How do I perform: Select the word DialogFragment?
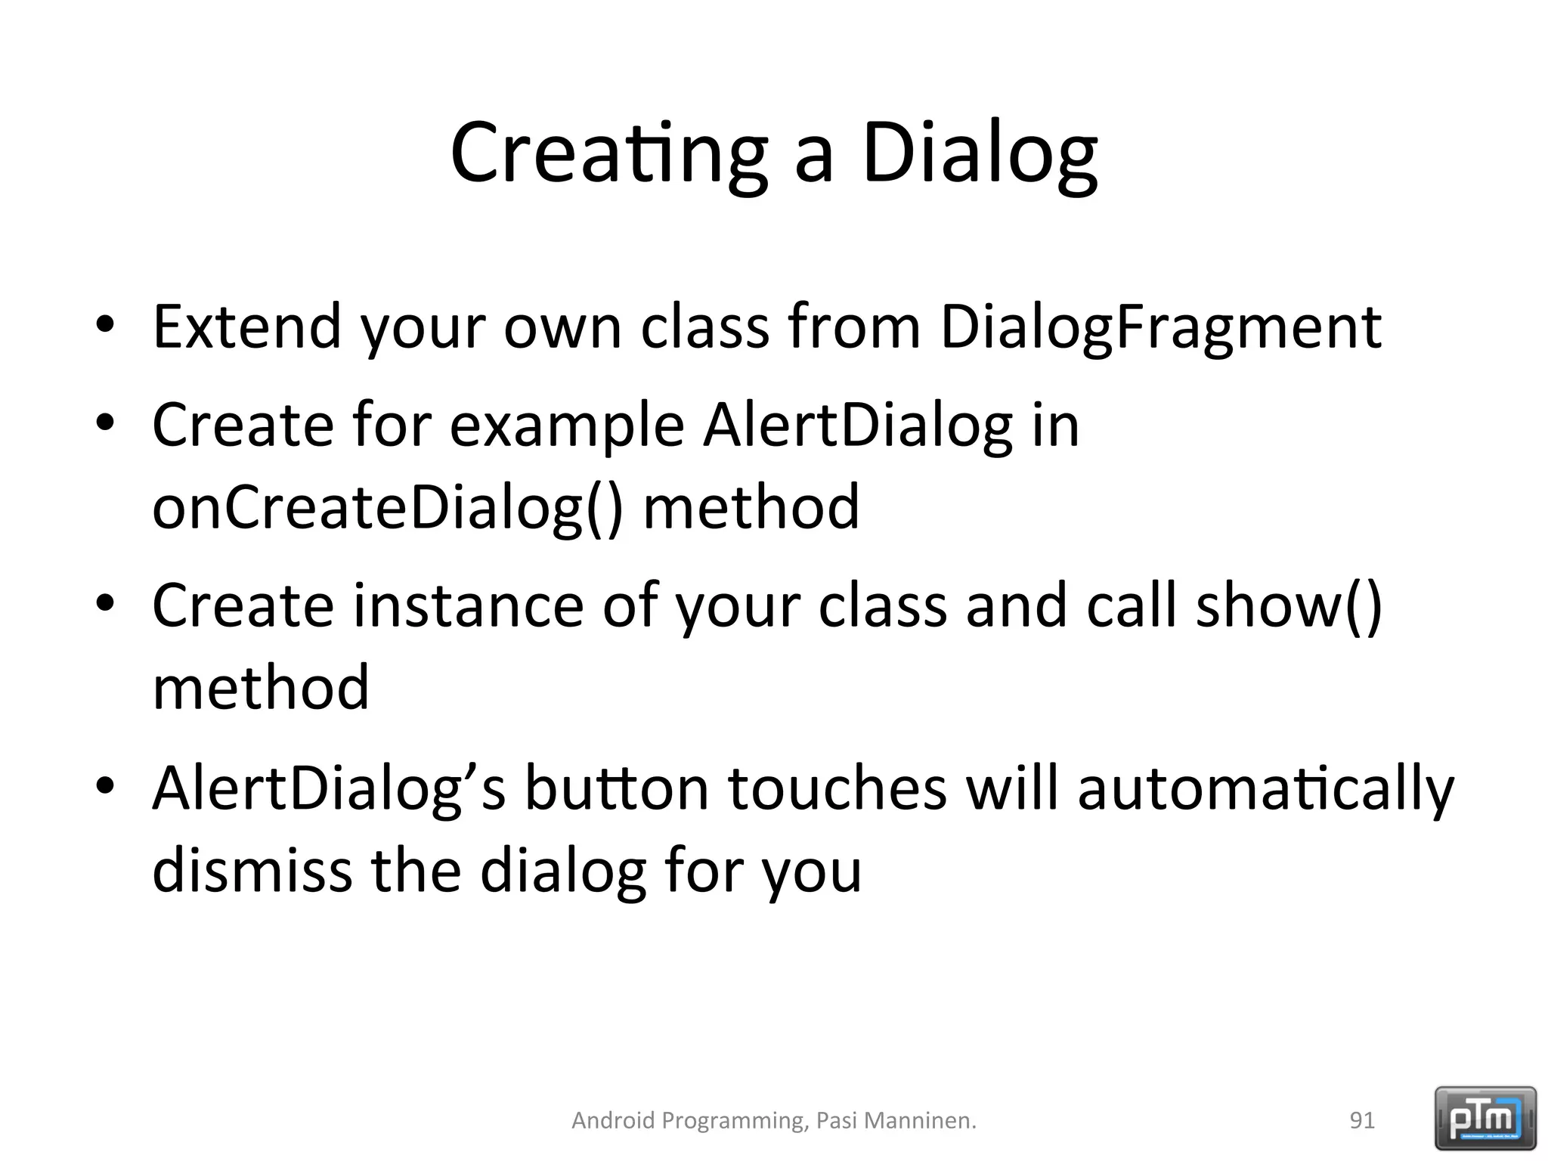click(1161, 327)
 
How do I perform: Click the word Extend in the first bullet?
click(247, 327)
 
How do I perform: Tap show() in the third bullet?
click(1289, 607)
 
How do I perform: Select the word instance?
click(468, 607)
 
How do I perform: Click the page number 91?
click(1362, 1120)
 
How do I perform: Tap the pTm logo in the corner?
click(1485, 1117)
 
